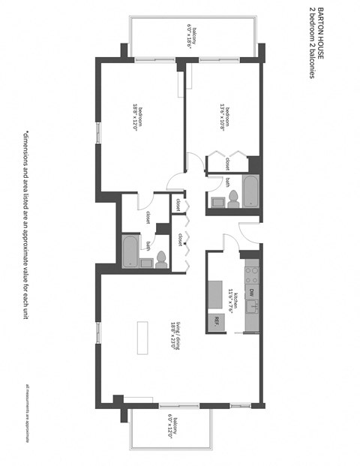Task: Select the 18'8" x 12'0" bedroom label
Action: tap(136, 117)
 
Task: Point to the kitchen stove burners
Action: tap(253, 269)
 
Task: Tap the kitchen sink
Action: tap(253, 307)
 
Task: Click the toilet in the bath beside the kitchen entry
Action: tap(232, 198)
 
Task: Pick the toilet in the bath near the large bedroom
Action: tap(160, 260)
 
